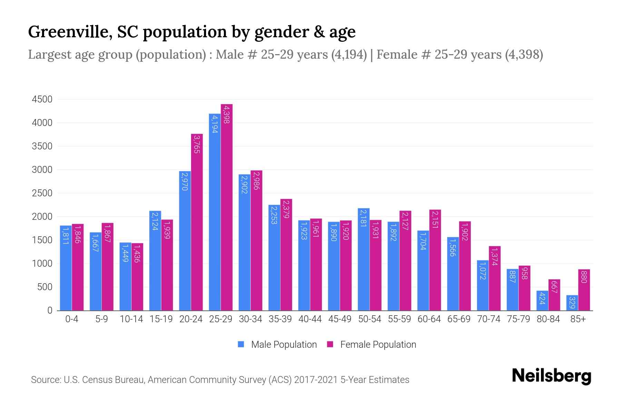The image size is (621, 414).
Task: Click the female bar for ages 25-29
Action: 227,207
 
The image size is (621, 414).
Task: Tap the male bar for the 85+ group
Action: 572,303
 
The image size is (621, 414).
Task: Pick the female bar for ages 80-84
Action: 554,295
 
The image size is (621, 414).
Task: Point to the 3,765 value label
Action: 197,144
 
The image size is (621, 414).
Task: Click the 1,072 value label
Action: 483,271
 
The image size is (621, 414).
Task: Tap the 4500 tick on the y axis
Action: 42,99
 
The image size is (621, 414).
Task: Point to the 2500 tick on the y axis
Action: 42,193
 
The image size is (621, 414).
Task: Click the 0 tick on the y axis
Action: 50,310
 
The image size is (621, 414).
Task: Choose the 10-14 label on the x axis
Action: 131,319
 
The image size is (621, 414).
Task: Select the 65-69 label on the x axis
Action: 459,319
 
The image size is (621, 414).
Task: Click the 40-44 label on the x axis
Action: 310,319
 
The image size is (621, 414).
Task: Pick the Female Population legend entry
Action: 372,345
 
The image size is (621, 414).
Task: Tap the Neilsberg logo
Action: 551,376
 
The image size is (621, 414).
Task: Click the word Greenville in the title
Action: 69,32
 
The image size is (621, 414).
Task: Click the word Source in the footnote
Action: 45,380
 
